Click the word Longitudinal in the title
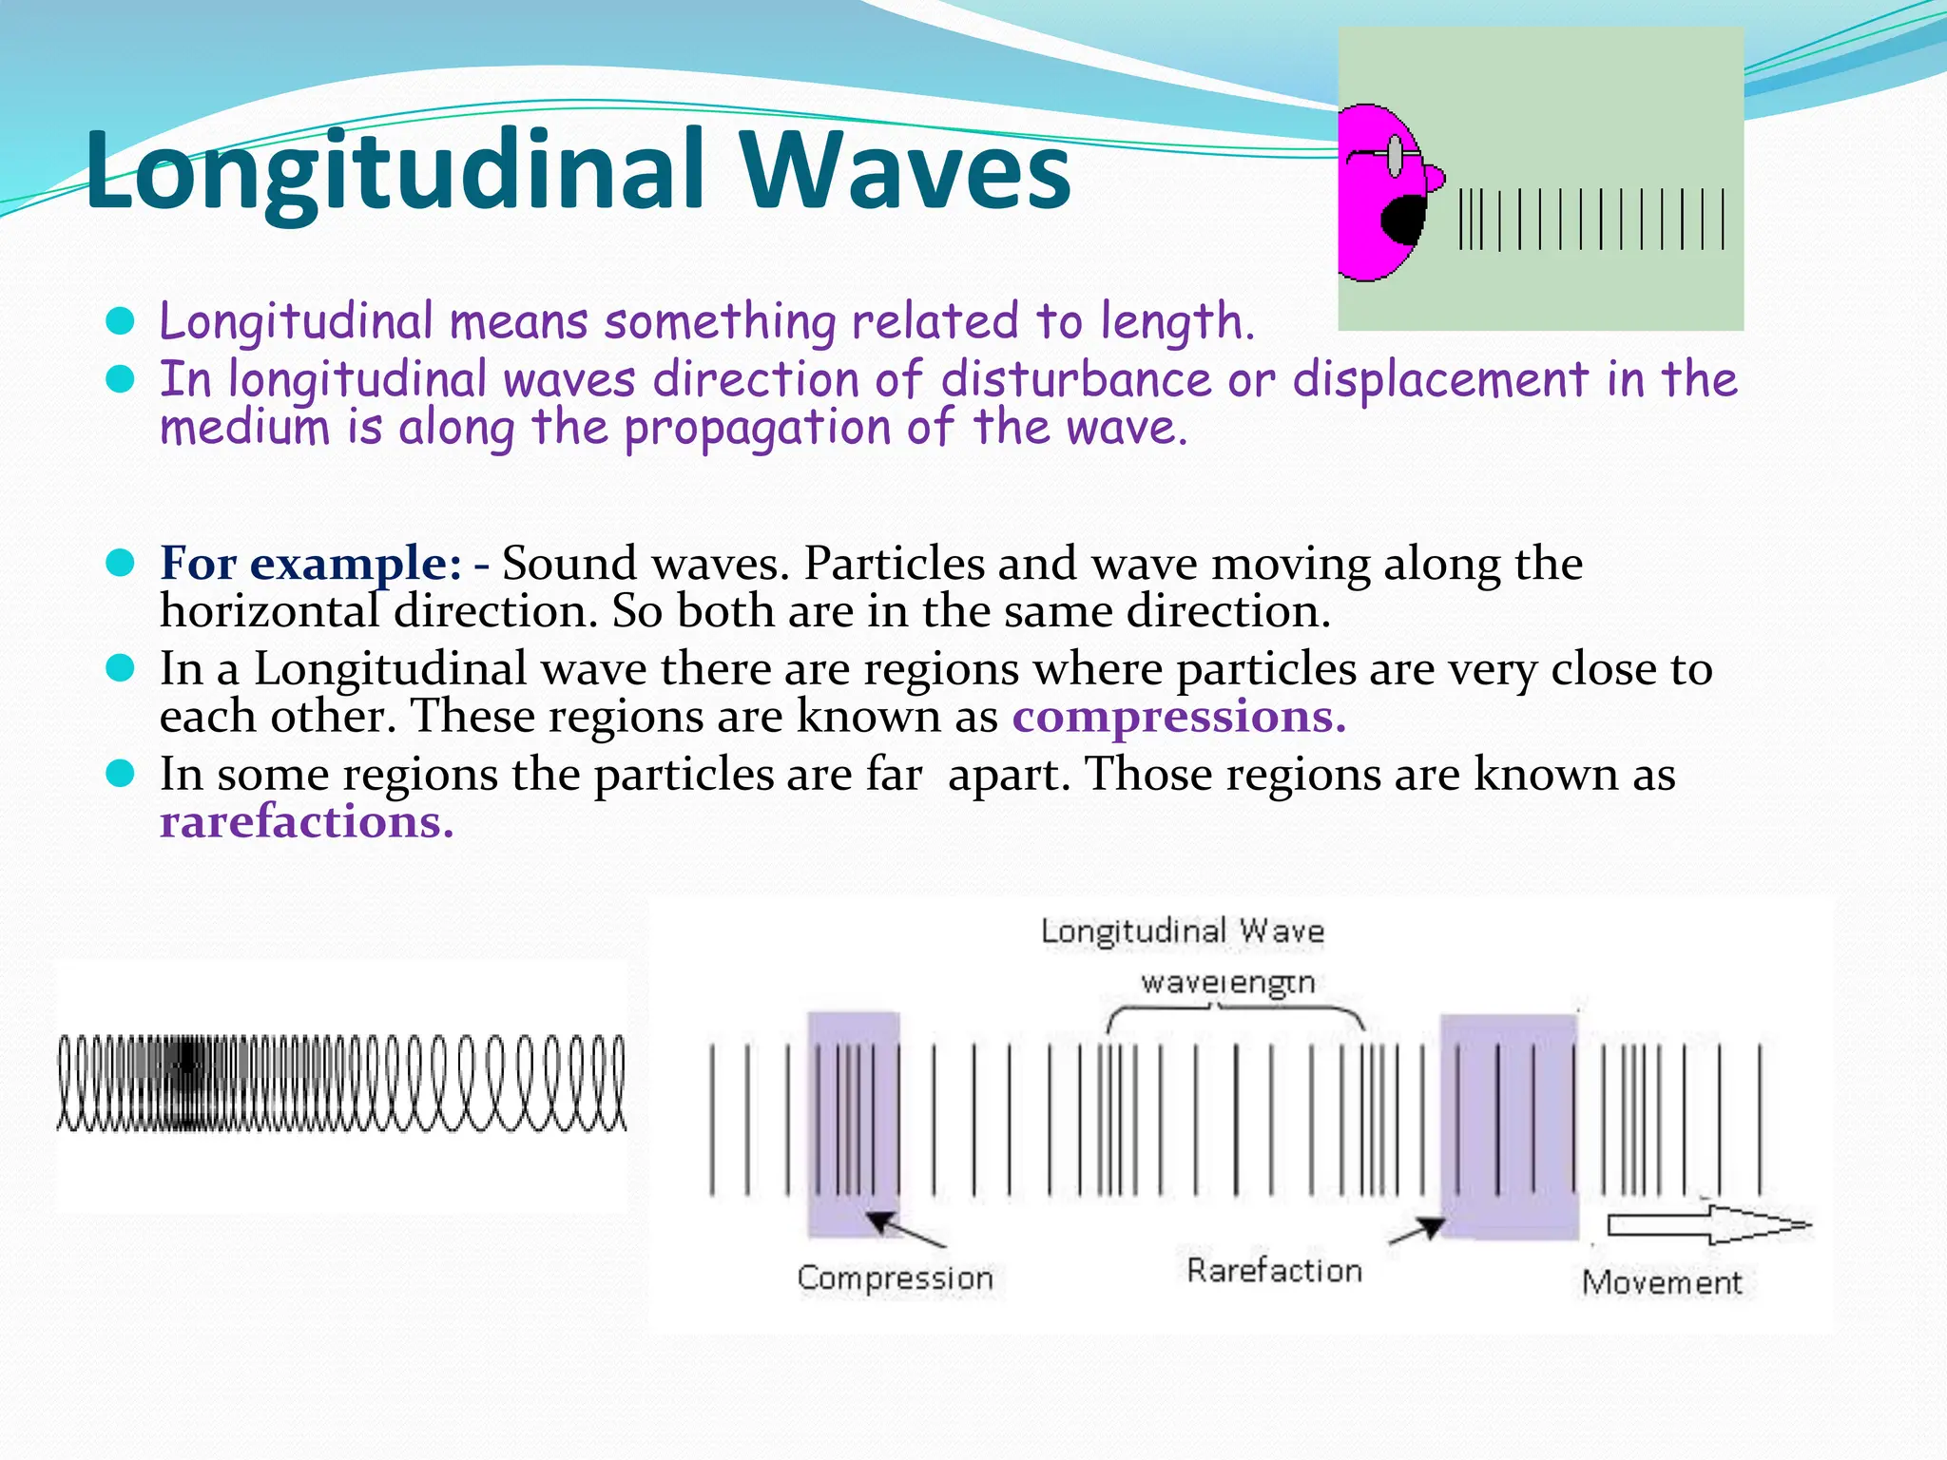coord(395,171)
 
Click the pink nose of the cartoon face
coord(1433,177)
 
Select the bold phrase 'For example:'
coord(311,564)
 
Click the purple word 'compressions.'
coord(1179,717)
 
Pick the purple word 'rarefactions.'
coord(306,822)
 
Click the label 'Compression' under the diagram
coord(895,1278)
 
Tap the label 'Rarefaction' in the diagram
coord(1274,1271)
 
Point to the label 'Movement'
coord(1661,1283)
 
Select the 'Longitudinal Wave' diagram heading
coord(1182,932)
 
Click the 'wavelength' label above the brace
coord(1227,982)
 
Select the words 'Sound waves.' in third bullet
coord(646,564)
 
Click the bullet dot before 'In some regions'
coord(120,774)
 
